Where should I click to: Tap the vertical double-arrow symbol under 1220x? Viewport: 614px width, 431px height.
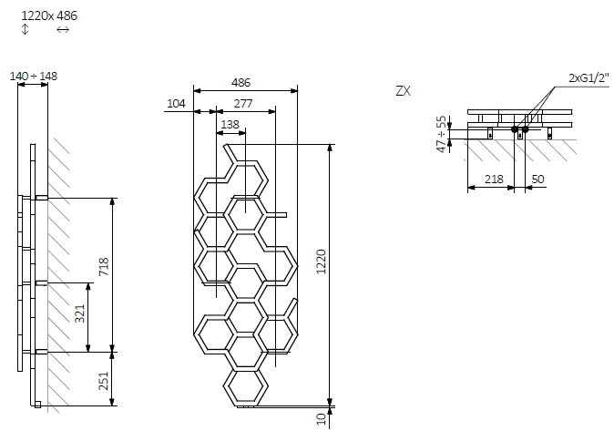pos(26,30)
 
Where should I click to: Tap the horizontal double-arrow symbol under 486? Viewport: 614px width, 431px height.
pos(63,30)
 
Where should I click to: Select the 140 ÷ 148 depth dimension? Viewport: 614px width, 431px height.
pos(33,77)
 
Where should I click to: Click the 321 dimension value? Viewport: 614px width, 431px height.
pos(79,314)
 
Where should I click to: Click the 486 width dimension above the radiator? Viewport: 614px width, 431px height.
pos(240,81)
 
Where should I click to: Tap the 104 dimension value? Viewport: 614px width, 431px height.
pos(176,104)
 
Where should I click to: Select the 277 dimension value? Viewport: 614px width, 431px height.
pos(242,104)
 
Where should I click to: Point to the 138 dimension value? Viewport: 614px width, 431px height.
pos(230,125)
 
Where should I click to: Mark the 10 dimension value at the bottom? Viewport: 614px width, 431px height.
pos(320,417)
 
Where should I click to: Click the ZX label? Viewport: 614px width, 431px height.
pos(404,91)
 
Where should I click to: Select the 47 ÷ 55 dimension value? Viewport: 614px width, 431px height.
pos(442,133)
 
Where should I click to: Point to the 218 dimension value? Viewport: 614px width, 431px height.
pos(494,180)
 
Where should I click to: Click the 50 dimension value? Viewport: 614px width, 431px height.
pos(537,180)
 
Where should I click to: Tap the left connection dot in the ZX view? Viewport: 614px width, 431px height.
pos(515,129)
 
